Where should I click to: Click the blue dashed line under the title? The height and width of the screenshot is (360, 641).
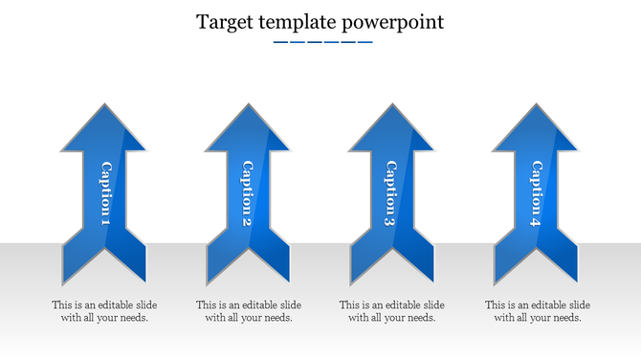(321, 42)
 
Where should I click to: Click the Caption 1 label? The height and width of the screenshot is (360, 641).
(105, 194)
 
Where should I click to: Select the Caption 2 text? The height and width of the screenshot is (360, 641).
(247, 194)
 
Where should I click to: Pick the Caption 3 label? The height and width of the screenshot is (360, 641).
(390, 194)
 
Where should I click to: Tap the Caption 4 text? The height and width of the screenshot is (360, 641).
(535, 194)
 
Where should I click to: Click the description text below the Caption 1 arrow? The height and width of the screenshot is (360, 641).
(104, 311)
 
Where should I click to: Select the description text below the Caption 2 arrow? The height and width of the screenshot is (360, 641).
(249, 311)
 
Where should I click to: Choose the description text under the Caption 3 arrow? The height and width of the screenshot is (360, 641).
(392, 311)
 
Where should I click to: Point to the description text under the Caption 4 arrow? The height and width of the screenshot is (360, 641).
(537, 311)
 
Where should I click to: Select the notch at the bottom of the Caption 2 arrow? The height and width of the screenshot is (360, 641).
(247, 251)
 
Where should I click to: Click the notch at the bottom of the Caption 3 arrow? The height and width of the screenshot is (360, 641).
(390, 251)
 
